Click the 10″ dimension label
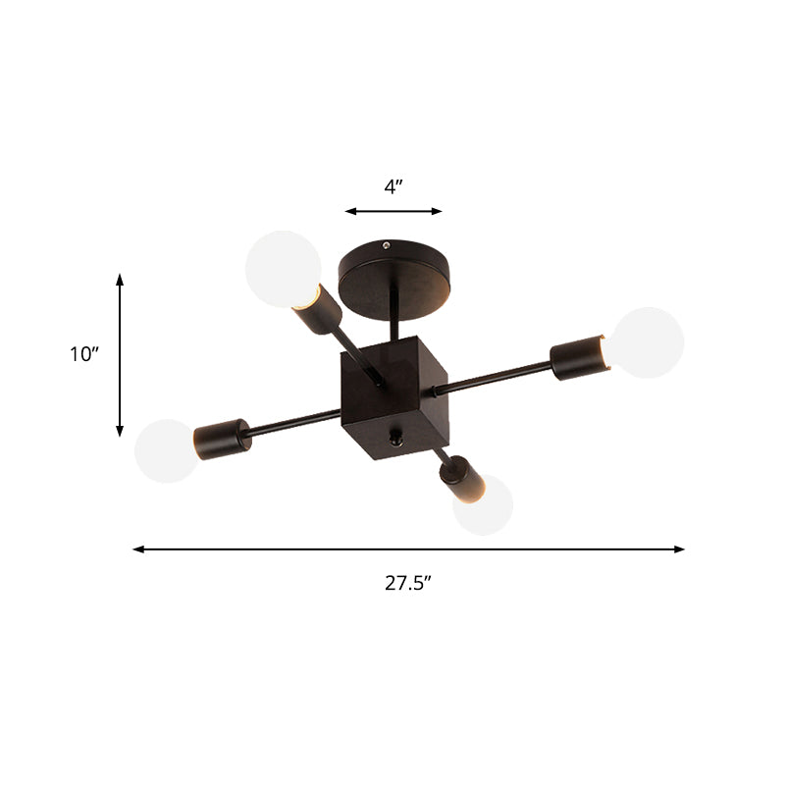coord(85,354)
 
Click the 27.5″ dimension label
coord(408,582)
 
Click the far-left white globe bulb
coord(166,451)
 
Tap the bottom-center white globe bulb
coord(484,504)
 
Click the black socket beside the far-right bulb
coord(578,357)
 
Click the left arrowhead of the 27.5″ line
coord(138,549)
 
